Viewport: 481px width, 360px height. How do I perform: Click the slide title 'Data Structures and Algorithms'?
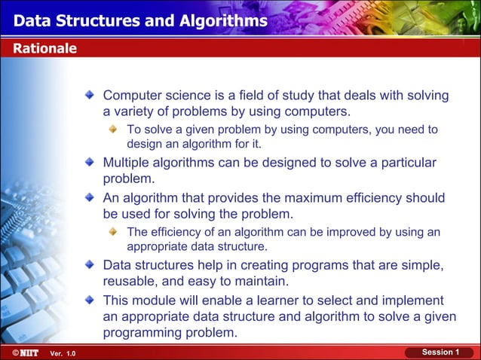point(139,20)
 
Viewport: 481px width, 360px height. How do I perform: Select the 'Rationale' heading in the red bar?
point(44,49)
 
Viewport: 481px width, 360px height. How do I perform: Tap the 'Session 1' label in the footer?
point(440,352)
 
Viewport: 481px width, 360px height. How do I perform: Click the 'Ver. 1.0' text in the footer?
point(63,354)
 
